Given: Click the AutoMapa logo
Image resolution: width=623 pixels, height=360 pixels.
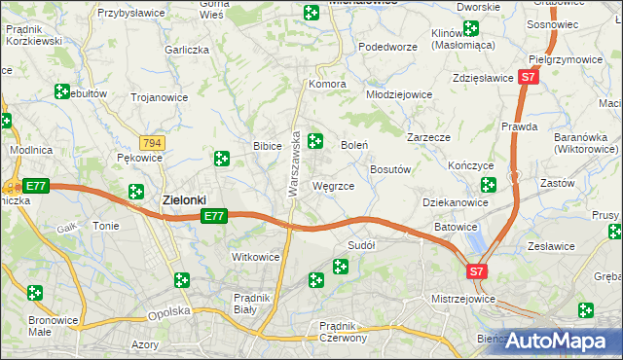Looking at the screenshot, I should click(x=560, y=342).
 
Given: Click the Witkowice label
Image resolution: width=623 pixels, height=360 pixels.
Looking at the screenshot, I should click(x=255, y=257).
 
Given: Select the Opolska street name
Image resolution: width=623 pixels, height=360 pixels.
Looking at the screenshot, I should click(x=166, y=314).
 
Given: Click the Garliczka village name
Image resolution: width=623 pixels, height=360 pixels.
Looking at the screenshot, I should click(x=188, y=50).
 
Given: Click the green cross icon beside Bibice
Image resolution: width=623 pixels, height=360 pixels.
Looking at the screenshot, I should click(x=222, y=158).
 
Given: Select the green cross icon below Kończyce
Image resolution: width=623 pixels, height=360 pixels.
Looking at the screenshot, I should click(x=489, y=184).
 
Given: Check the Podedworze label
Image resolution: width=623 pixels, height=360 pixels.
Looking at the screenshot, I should click(x=387, y=46).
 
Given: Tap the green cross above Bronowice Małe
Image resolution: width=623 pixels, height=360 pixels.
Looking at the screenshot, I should click(x=35, y=292).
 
